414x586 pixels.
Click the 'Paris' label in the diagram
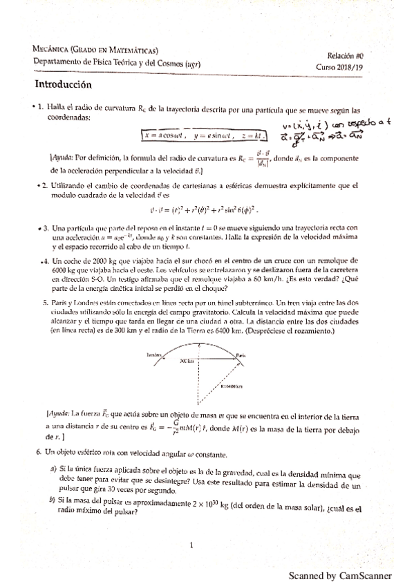(241, 355)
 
